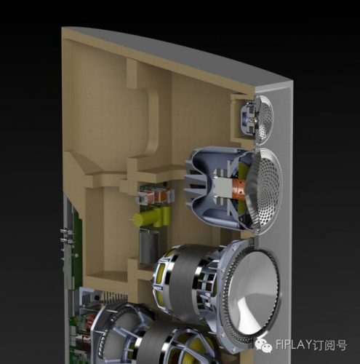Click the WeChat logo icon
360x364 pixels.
[263, 344]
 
